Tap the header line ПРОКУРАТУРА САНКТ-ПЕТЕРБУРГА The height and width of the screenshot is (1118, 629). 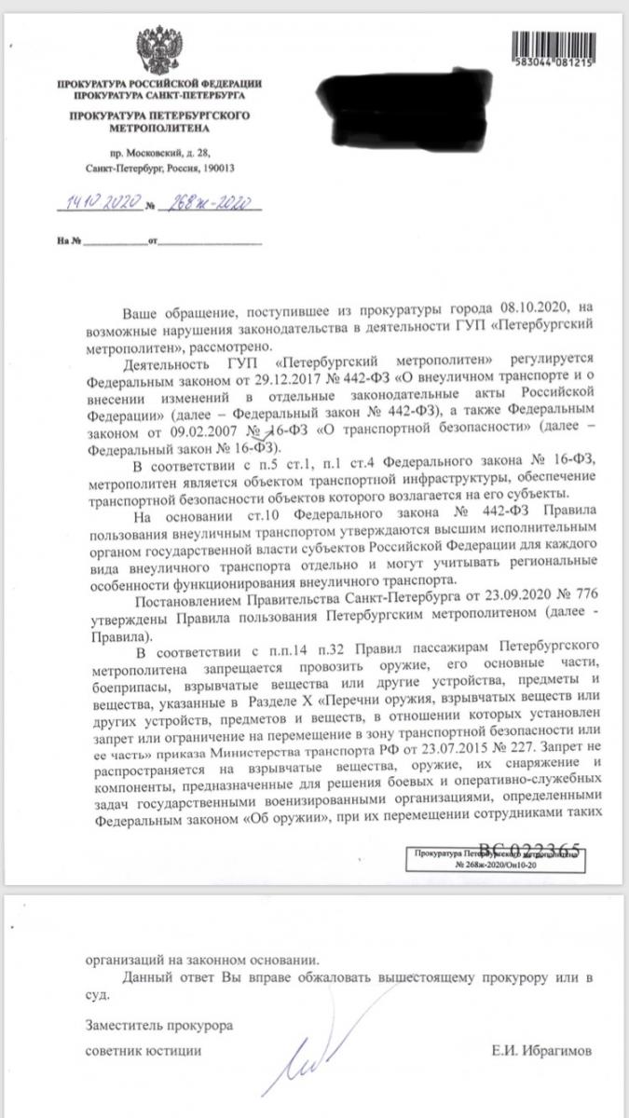(157, 95)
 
